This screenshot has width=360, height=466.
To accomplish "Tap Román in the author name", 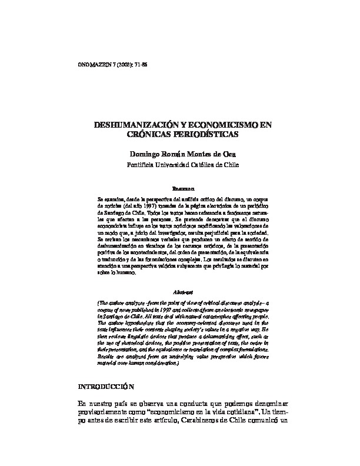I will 178,154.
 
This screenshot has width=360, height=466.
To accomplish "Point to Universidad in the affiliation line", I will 179,165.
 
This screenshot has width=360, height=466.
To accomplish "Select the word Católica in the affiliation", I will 213,165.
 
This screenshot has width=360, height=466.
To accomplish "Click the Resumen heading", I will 183,189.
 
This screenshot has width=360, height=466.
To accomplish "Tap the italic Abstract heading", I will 183,291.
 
